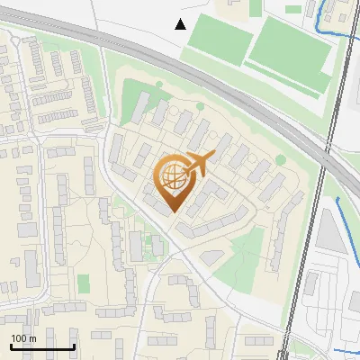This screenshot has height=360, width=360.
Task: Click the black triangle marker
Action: tap(181, 24)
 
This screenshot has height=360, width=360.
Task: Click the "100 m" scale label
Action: tap(24, 338)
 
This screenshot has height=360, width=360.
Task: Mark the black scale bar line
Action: tap(42, 346)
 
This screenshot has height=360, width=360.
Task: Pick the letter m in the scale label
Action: tap(32, 338)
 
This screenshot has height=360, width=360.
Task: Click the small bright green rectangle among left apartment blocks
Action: tap(84, 283)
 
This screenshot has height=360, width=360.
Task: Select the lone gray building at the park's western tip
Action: tap(210, 257)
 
